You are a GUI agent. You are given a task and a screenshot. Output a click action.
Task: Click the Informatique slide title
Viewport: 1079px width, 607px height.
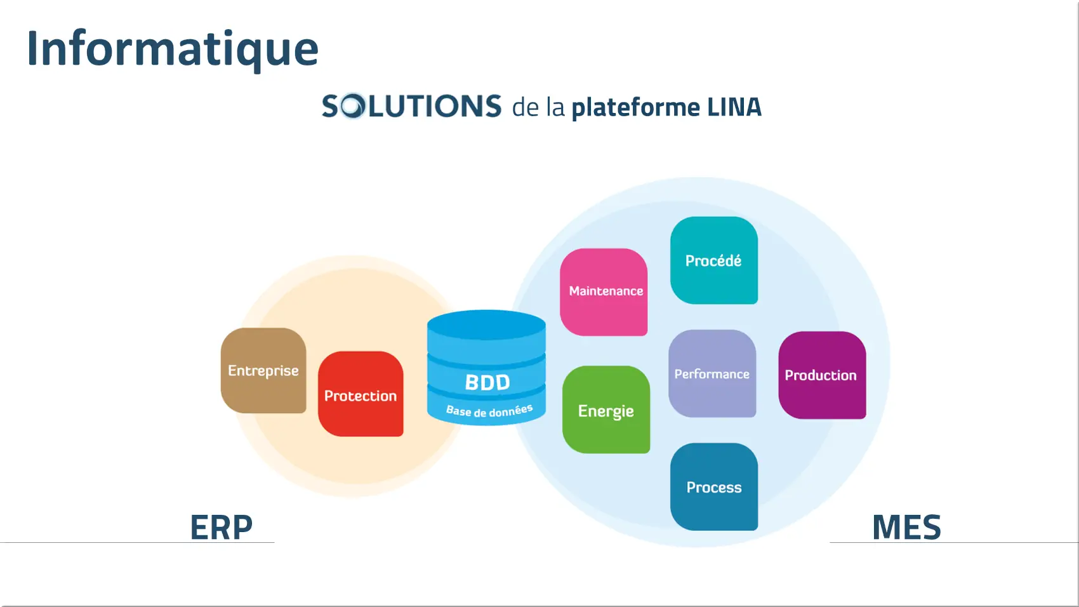coord(173,50)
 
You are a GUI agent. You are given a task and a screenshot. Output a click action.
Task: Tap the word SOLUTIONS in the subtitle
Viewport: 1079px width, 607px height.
coord(412,106)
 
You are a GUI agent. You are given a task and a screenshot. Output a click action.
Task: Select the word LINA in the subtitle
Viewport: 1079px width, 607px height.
coord(734,107)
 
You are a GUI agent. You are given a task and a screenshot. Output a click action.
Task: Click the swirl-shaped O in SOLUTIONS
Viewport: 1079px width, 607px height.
coord(352,106)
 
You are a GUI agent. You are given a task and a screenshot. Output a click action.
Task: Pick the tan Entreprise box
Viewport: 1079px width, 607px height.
coord(263,370)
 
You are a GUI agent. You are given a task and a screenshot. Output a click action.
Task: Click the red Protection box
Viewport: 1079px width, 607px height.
coord(361,394)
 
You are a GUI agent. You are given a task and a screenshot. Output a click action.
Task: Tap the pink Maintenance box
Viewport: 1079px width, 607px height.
coord(604,292)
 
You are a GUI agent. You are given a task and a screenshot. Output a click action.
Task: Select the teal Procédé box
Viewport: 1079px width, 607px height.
coord(714,260)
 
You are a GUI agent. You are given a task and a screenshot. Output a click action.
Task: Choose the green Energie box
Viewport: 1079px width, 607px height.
coord(606,410)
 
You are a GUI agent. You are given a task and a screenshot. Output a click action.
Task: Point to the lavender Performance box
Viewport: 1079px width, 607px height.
coord(712,373)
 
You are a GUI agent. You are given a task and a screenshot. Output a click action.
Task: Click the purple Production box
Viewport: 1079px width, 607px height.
coord(822,375)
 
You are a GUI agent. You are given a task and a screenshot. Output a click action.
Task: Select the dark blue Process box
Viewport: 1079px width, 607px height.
coord(714,486)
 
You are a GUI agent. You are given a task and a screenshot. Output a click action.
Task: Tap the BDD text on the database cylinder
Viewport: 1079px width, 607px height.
coord(487,382)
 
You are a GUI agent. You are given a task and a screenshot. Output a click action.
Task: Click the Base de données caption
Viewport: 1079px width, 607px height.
coord(489,411)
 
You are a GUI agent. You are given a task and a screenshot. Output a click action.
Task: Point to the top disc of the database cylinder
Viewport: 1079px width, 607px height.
coord(487,325)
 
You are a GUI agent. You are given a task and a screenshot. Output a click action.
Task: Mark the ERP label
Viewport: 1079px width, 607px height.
coord(221,527)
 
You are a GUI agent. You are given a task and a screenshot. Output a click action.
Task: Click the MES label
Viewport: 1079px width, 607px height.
coord(906,527)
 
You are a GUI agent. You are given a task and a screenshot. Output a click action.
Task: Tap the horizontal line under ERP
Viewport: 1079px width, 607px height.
coord(137,542)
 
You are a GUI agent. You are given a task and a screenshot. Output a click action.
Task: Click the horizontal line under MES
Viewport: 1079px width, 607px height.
coord(954,542)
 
